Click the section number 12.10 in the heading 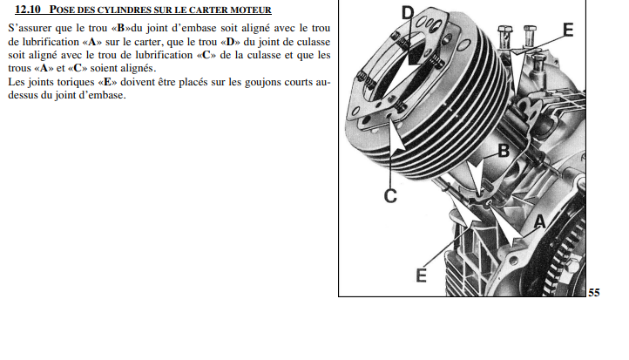coord(28,10)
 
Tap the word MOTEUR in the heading coord(251,10)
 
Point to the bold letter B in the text coord(120,29)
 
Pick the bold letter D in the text coord(230,42)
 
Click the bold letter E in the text coord(107,82)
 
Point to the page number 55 coord(594,293)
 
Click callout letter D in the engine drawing coord(408,13)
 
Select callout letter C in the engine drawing coord(390,196)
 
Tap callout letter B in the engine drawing coord(504,151)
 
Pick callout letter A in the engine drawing coord(540,221)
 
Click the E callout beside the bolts coord(568,30)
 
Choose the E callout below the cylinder coord(421,275)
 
